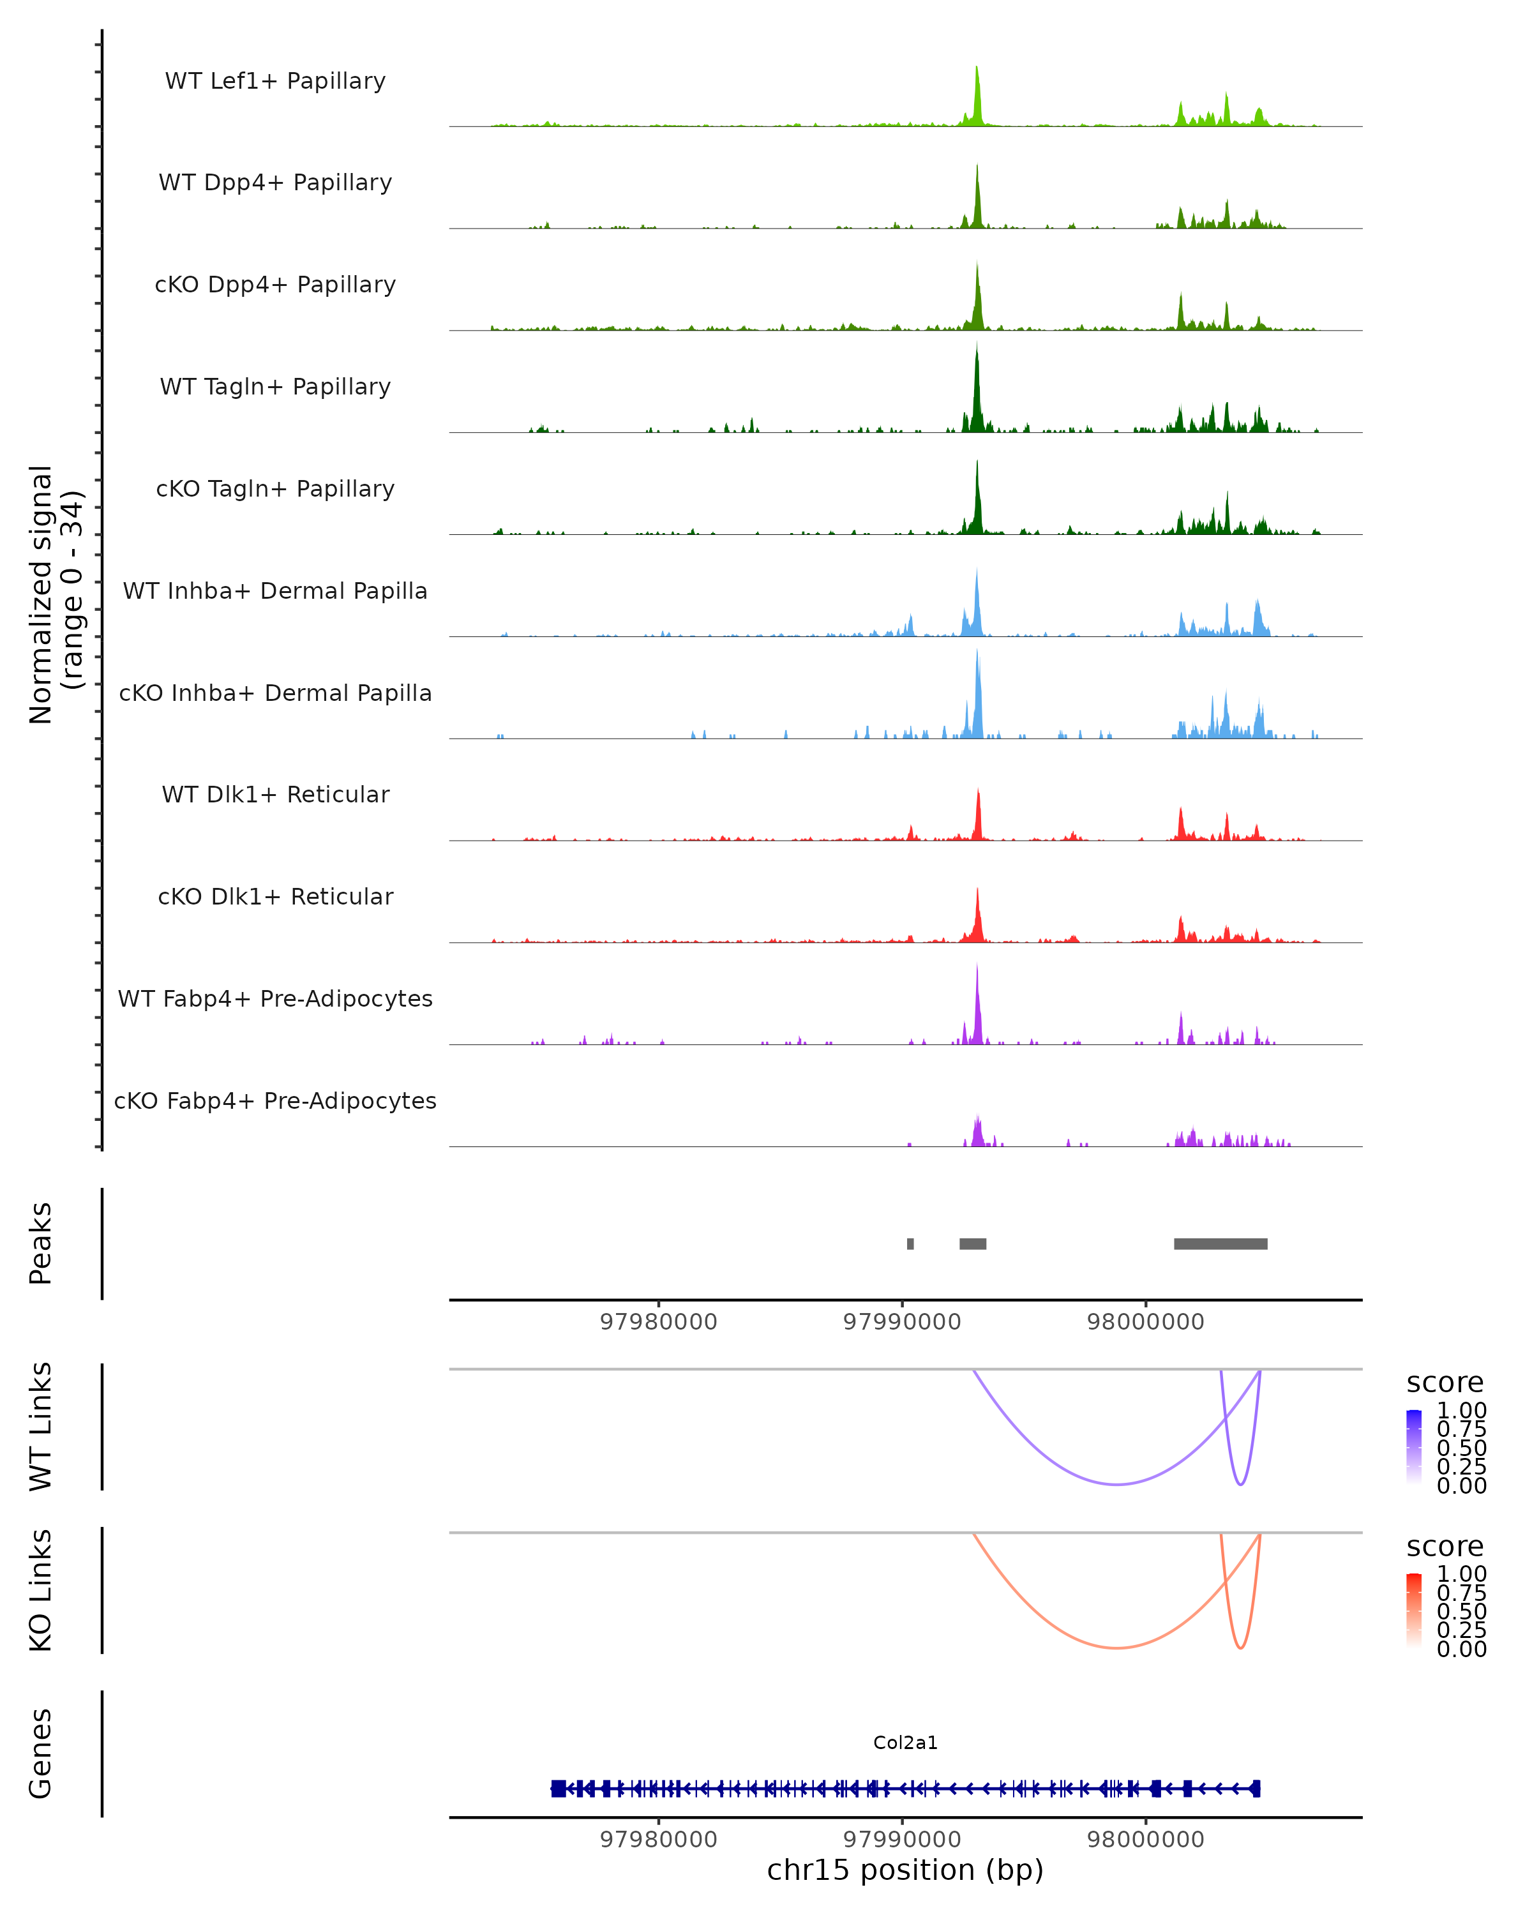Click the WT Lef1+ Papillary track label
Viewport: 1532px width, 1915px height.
[x=275, y=81]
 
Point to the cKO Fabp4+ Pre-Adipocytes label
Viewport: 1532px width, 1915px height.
[x=275, y=1100]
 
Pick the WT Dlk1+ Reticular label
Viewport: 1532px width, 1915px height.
[x=275, y=794]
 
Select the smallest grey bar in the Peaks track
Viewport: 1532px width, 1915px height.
[x=910, y=1243]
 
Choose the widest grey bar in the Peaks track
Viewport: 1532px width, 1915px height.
[x=1220, y=1243]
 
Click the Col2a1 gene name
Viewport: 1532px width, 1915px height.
[x=905, y=1743]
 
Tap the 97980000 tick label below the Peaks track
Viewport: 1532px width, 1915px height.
[x=658, y=1322]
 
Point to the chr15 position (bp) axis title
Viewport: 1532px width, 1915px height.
[x=905, y=1870]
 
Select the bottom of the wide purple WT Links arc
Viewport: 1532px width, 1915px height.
[x=1117, y=1484]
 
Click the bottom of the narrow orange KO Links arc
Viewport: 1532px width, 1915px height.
[x=1241, y=1648]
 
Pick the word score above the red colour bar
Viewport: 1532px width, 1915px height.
[x=1445, y=1547]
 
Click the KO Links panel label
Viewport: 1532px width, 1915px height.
[x=41, y=1590]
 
